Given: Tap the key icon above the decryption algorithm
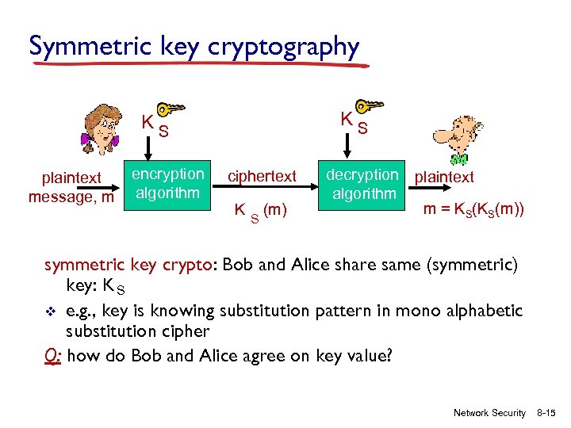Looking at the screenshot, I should coord(368,106).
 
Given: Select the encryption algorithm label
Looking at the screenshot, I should coord(167,183).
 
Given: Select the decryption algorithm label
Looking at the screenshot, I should coord(364,184).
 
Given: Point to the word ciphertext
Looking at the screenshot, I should coord(262,176).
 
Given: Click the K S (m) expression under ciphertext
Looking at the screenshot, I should coord(260,211).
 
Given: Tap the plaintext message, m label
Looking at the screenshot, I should coord(71,188).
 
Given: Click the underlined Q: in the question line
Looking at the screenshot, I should coord(54,356).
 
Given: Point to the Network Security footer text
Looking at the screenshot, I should coord(489,413).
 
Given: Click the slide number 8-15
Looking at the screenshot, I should coord(547,413).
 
